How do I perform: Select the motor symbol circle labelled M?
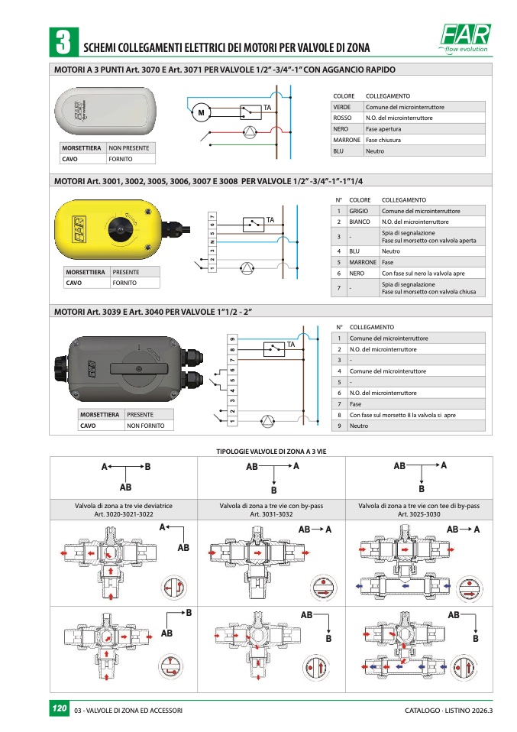pos(202,113)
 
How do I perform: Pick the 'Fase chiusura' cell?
pos(383,141)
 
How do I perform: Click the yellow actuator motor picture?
pos(111,226)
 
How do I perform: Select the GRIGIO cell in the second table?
pos(359,211)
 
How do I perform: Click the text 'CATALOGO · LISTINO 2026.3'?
pos(449,711)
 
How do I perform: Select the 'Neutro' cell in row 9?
pos(358,426)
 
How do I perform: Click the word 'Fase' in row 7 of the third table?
pos(355,403)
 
